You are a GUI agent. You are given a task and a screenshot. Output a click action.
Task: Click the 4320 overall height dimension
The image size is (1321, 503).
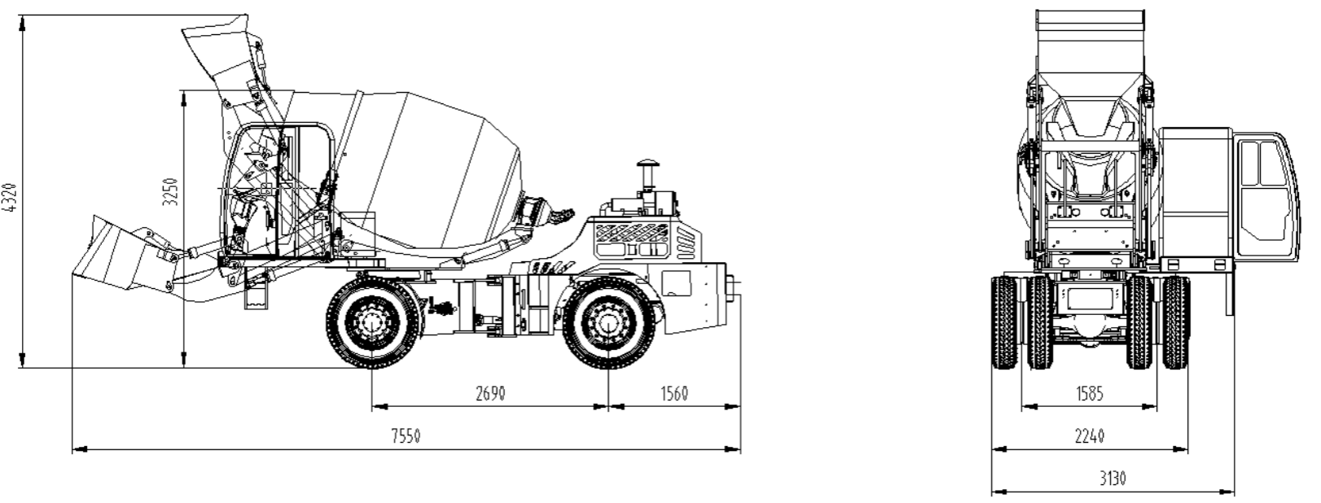coord(10,198)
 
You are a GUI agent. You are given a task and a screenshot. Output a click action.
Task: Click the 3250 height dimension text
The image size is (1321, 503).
coord(170,191)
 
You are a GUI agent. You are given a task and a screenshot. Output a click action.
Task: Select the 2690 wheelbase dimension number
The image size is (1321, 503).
coord(490,393)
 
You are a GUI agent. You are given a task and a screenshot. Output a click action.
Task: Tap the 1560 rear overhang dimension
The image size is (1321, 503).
coord(674,393)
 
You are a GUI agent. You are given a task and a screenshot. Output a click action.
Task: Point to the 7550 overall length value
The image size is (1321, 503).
coord(406,436)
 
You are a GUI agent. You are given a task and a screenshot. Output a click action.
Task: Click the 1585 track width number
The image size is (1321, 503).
coord(1089,393)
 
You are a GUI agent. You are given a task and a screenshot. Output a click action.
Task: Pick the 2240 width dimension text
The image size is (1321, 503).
coord(1089,436)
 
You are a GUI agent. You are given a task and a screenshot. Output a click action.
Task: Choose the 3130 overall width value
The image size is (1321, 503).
coord(1113,479)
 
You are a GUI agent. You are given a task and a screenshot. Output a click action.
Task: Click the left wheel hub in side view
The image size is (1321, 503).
coord(373,322)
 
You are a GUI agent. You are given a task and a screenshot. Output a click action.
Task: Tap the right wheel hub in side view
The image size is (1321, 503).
coord(608,322)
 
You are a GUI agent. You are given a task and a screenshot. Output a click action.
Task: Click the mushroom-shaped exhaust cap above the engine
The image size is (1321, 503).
coord(647,164)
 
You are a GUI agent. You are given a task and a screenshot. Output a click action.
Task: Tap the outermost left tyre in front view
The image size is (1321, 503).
coord(1003,322)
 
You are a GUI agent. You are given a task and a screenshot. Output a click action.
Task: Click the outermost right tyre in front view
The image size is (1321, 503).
coord(1175,322)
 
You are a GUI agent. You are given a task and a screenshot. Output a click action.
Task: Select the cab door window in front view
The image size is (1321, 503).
coord(1268,189)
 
